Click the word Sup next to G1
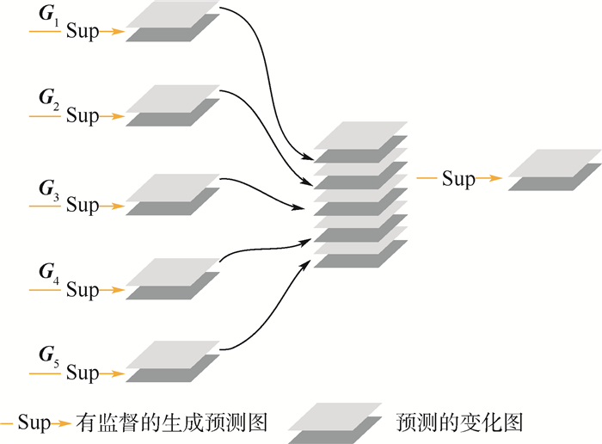pos(83,33)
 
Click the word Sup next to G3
pos(83,206)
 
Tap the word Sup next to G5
pos(83,373)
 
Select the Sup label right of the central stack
pos(458,179)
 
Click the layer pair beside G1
pos(173,22)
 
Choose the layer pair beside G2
pos(173,106)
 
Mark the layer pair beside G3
pos(173,195)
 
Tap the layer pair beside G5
pos(173,362)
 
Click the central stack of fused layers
pos(359,194)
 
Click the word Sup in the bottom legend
pos(34,422)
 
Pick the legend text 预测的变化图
pos(459,422)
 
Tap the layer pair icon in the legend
pos(335,422)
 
